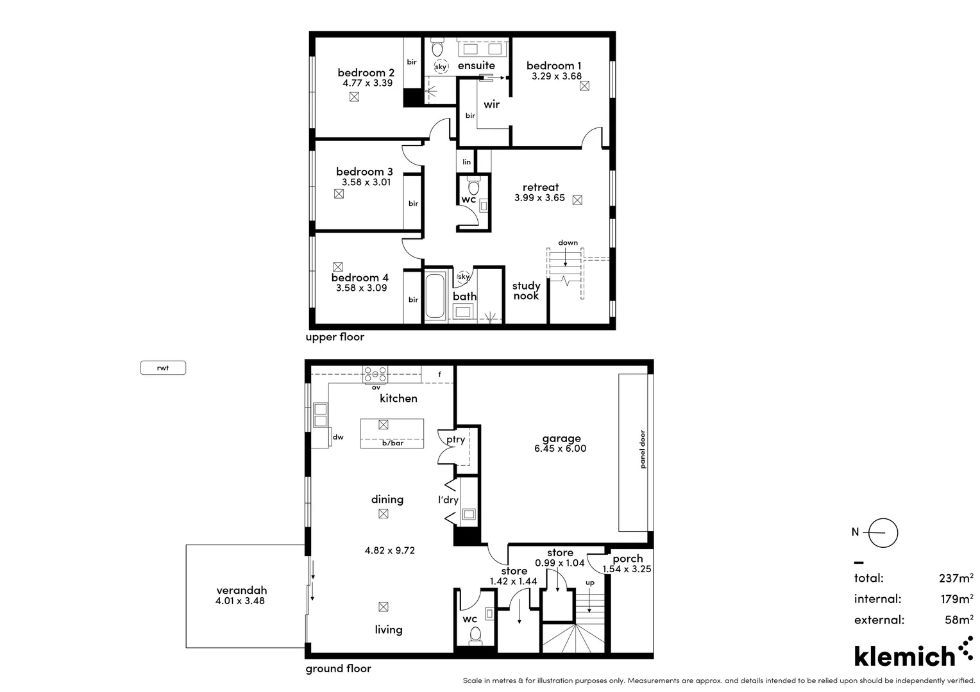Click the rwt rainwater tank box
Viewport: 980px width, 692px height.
[163, 368]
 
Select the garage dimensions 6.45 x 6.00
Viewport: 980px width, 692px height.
[560, 449]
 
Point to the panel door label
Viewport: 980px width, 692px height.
[642, 449]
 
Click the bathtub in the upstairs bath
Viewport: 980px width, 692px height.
[435, 296]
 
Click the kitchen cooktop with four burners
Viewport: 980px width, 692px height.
[375, 375]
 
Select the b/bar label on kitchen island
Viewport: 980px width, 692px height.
[393, 443]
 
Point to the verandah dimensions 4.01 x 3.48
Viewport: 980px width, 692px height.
[240, 600]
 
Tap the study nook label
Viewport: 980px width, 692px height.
[526, 291]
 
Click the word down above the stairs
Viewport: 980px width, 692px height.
[568, 243]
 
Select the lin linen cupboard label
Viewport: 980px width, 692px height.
[467, 161]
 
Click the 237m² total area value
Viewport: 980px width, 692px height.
[956, 578]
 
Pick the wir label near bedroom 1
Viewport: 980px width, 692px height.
[491, 104]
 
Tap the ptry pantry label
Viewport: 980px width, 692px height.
[455, 440]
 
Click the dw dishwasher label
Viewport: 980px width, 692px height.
[338, 437]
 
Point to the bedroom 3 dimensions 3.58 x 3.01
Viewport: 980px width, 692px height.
[366, 182]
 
